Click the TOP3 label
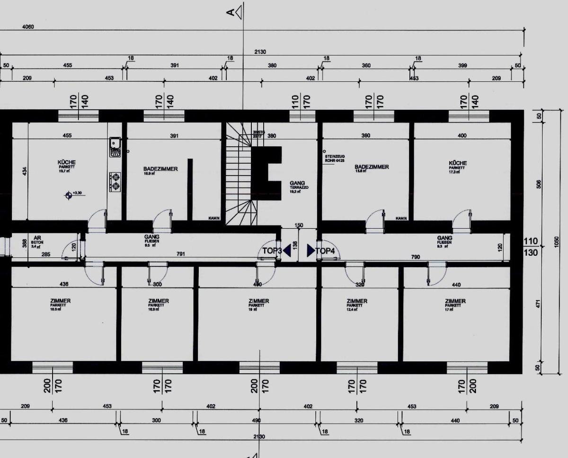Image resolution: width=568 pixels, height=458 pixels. point(272,251)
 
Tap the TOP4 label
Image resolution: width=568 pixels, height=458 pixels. point(325,251)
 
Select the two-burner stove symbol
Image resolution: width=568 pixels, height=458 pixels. point(115,181)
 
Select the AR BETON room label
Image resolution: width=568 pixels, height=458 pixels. point(37,241)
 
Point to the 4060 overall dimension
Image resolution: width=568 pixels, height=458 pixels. point(28,27)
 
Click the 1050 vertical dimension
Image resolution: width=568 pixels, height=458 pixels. point(557,242)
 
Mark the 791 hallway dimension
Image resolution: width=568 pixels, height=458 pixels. point(180,254)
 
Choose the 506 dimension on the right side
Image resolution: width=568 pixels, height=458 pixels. point(538,184)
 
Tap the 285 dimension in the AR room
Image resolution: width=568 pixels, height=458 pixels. point(45,254)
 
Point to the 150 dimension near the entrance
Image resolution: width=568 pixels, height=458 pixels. point(299,225)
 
